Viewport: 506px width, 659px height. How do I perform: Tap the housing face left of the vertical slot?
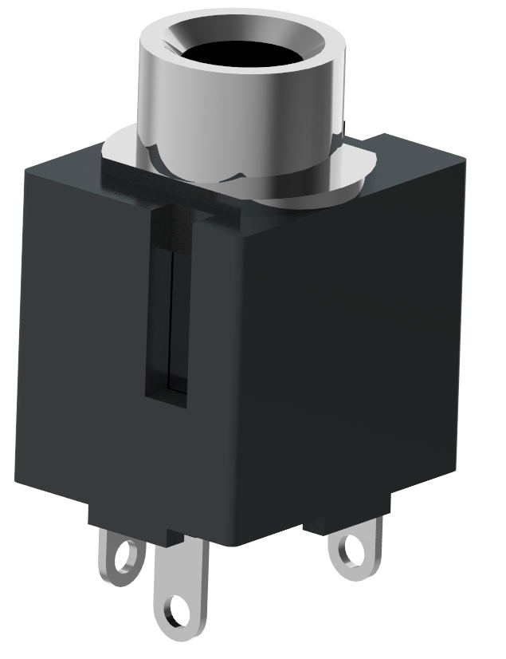(x=80, y=335)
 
